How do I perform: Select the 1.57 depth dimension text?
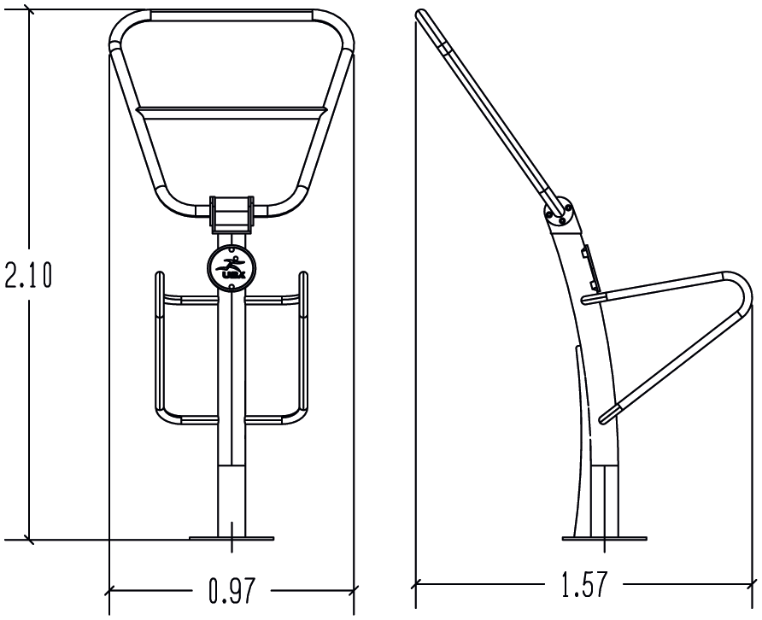tap(585, 585)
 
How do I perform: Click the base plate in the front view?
tap(231, 538)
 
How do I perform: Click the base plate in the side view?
tap(604, 538)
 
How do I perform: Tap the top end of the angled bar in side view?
tap(421, 15)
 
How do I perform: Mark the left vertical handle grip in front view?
tap(158, 342)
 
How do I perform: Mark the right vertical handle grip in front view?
tap(303, 342)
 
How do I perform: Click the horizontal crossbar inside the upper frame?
tap(231, 109)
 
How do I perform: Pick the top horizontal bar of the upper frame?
tap(231, 15)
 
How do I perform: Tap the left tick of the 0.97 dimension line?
tap(109, 588)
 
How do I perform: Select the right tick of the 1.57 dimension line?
tap(754, 584)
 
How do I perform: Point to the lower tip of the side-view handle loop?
tap(605, 418)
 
